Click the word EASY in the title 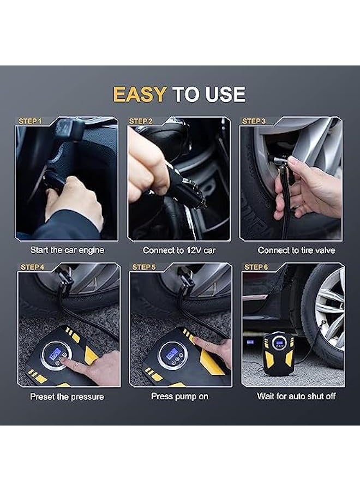(139, 94)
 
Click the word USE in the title (225, 94)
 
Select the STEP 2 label (141, 121)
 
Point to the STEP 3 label (254, 121)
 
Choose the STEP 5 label (144, 267)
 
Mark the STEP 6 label (256, 267)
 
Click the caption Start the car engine (67, 250)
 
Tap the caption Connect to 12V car (179, 250)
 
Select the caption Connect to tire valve (296, 250)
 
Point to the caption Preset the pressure (67, 397)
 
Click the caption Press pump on (179, 397)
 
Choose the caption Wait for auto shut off (296, 397)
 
